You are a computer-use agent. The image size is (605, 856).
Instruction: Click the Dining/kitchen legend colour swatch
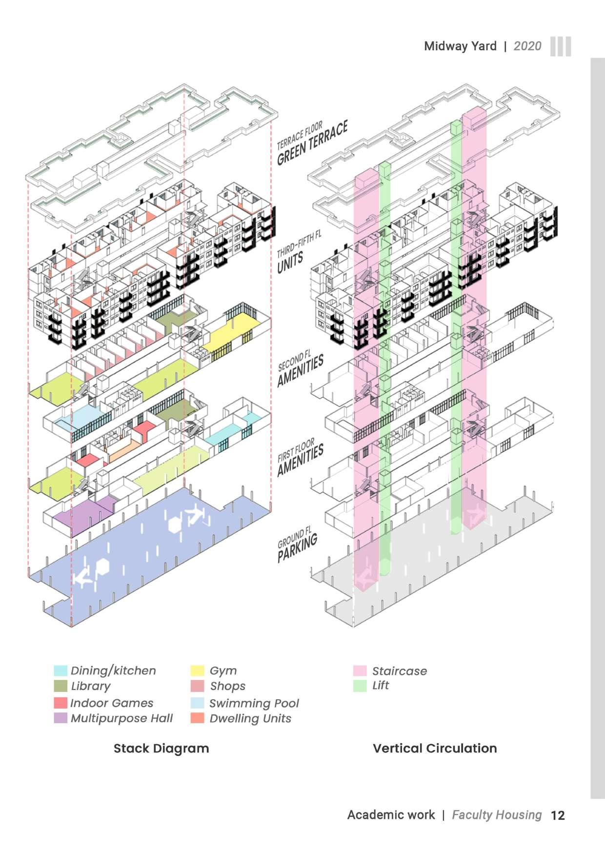[60, 670]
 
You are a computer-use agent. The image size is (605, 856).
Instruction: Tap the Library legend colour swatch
[60, 686]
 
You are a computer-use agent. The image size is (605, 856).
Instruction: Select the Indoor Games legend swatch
[60, 703]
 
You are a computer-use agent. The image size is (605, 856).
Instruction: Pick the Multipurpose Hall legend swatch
[60, 718]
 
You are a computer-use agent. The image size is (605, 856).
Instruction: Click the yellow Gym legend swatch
[197, 670]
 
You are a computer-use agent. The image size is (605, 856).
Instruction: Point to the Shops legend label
[227, 686]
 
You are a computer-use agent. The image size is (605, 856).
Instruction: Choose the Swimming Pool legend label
[254, 704]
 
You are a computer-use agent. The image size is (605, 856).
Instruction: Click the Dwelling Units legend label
[250, 719]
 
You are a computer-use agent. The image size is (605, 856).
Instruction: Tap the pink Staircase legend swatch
[360, 670]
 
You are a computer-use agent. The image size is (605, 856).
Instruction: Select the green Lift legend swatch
[360, 686]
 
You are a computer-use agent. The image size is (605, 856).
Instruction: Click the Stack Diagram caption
[161, 749]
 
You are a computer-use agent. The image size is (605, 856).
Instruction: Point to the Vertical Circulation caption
[435, 749]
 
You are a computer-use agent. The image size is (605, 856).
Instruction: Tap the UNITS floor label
[291, 263]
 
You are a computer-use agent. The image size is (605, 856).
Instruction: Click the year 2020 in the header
[527, 46]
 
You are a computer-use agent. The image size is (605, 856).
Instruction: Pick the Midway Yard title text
[460, 46]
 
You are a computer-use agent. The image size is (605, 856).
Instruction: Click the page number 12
[558, 815]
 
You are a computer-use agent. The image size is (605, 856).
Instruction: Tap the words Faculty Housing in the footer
[497, 815]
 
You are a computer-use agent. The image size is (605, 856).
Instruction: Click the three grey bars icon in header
[561, 46]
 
